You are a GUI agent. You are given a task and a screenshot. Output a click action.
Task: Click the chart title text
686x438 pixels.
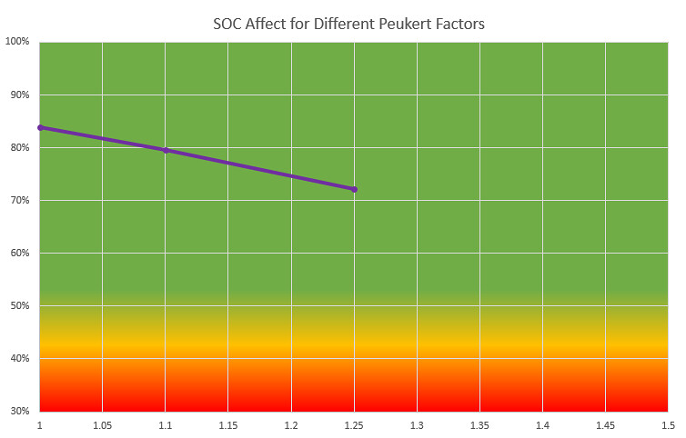[343, 24]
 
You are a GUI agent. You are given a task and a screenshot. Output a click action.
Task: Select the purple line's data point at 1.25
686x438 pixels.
[354, 189]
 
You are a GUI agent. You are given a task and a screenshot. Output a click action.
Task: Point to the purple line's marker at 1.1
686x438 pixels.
[166, 150]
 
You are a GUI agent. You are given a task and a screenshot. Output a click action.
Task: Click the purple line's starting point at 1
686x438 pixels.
[40, 127]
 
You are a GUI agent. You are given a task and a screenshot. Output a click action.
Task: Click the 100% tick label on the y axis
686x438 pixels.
[18, 42]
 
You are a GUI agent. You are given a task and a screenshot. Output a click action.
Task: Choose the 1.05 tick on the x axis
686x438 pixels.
[102, 425]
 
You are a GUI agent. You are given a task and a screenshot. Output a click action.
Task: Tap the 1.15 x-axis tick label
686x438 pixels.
[227, 425]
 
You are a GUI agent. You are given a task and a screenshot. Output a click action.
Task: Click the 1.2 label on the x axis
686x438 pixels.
[291, 425]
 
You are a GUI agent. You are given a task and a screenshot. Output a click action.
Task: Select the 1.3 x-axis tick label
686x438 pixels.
[417, 425]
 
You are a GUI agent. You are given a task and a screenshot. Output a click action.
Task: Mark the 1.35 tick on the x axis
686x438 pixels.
[479, 425]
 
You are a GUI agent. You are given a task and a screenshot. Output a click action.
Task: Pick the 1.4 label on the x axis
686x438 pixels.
[542, 425]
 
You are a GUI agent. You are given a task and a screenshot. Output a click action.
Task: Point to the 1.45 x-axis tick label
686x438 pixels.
[605, 425]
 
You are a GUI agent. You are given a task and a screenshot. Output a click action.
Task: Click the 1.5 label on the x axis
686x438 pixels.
[668, 425]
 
